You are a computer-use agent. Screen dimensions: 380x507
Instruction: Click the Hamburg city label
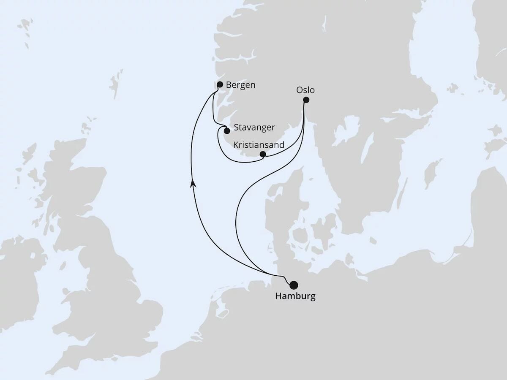(x=295, y=296)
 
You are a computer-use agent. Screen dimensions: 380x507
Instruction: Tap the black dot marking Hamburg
(x=293, y=285)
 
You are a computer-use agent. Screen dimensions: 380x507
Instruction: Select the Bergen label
(x=240, y=85)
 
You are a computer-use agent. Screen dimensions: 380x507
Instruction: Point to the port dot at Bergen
(x=220, y=84)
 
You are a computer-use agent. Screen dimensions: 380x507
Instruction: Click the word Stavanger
(x=254, y=127)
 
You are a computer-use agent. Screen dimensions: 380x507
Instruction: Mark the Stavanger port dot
(x=227, y=131)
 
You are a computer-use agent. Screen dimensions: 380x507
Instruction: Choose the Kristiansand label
(x=259, y=145)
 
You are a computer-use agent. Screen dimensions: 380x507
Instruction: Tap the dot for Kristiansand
(x=262, y=155)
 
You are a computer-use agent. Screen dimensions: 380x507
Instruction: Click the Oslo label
(x=305, y=90)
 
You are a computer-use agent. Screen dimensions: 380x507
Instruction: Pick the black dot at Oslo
(x=306, y=100)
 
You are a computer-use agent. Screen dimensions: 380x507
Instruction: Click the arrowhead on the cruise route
(x=193, y=183)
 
